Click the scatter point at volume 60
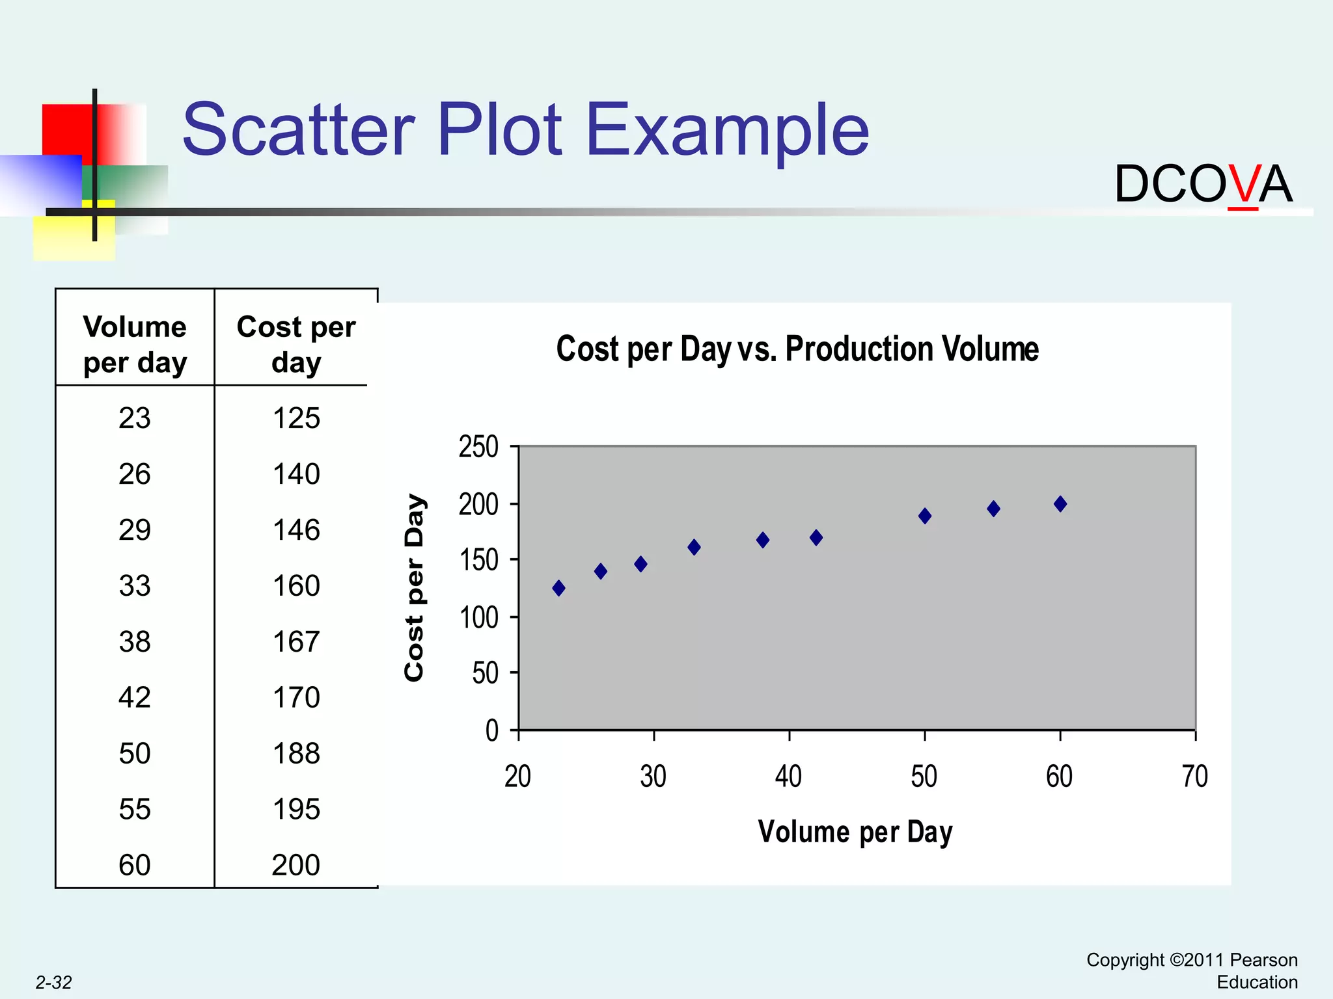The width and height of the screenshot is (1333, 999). [1060, 504]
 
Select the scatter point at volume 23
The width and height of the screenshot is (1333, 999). [558, 588]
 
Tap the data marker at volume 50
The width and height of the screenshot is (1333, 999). [924, 516]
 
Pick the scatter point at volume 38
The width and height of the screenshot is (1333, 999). [763, 540]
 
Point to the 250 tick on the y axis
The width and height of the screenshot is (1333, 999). [478, 447]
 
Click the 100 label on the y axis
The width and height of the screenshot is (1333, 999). [478, 617]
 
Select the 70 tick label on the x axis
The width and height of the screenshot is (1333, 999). [1194, 777]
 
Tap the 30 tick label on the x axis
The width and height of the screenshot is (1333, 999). [653, 777]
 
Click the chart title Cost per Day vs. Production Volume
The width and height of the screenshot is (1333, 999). [797, 349]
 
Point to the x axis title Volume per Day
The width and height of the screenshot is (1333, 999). [855, 832]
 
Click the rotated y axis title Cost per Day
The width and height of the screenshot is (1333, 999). [415, 587]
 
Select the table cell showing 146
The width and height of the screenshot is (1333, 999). [296, 530]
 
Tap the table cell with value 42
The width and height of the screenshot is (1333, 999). [135, 698]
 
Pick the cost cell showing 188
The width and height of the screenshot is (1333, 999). [296, 754]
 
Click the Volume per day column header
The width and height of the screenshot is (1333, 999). [135, 344]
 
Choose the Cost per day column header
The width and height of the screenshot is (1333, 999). [296, 344]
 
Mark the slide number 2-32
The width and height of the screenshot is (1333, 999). [53, 983]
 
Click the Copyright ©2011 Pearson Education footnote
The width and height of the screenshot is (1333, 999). [1192, 971]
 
